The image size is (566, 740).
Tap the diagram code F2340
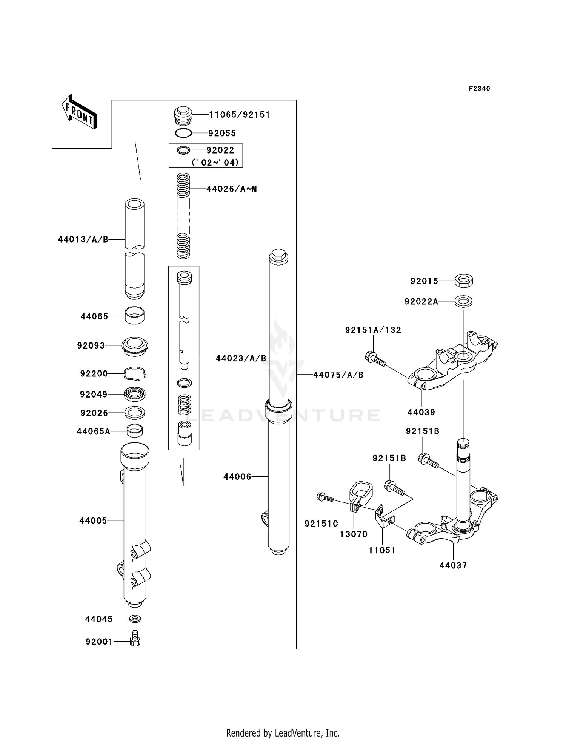pyautogui.click(x=479, y=89)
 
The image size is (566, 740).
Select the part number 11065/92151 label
pyautogui.click(x=240, y=115)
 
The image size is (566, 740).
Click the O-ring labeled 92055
pyautogui.click(x=184, y=133)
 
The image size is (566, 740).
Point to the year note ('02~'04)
pyautogui.click(x=215, y=163)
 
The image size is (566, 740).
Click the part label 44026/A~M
pyautogui.click(x=232, y=189)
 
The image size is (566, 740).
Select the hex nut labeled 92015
pyautogui.click(x=464, y=281)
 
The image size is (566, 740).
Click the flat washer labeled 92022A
pyautogui.click(x=463, y=301)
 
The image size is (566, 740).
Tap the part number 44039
pyautogui.click(x=421, y=412)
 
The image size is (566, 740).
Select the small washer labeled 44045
pyautogui.click(x=135, y=619)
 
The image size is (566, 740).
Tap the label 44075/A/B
pyautogui.click(x=338, y=375)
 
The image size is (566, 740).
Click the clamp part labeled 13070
pyautogui.click(x=360, y=492)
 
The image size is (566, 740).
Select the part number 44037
pyautogui.click(x=453, y=565)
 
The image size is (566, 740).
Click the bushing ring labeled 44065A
pyautogui.click(x=135, y=431)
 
